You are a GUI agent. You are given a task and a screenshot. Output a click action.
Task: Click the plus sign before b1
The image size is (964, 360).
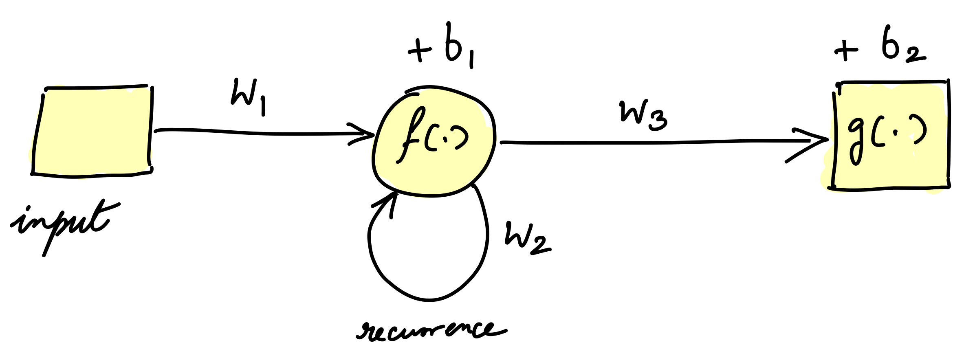coord(420,55)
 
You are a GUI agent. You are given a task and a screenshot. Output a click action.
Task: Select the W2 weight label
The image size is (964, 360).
coord(526,238)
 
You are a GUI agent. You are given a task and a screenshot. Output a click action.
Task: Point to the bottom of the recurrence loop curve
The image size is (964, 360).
coord(428,301)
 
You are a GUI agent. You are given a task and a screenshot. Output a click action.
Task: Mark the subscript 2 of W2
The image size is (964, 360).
coord(540,246)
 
